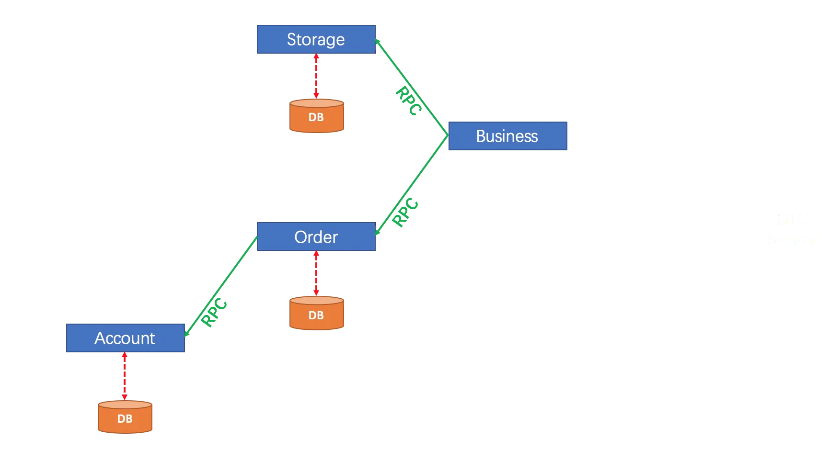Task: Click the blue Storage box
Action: click(x=316, y=39)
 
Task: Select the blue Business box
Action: click(x=507, y=136)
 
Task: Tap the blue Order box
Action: click(x=316, y=237)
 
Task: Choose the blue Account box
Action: click(x=125, y=338)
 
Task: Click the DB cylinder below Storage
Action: click(x=316, y=116)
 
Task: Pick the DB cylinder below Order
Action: click(x=316, y=314)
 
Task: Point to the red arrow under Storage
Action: click(x=316, y=77)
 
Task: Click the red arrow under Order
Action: click(x=316, y=274)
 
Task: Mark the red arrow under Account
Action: click(x=125, y=376)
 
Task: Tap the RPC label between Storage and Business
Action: click(x=408, y=101)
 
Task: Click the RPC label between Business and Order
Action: click(x=405, y=212)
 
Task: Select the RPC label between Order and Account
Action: click(x=214, y=312)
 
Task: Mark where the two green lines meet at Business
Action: click(x=447, y=135)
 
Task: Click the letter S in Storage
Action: click(x=291, y=39)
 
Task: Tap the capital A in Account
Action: click(x=100, y=338)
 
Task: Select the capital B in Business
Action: click(x=481, y=136)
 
